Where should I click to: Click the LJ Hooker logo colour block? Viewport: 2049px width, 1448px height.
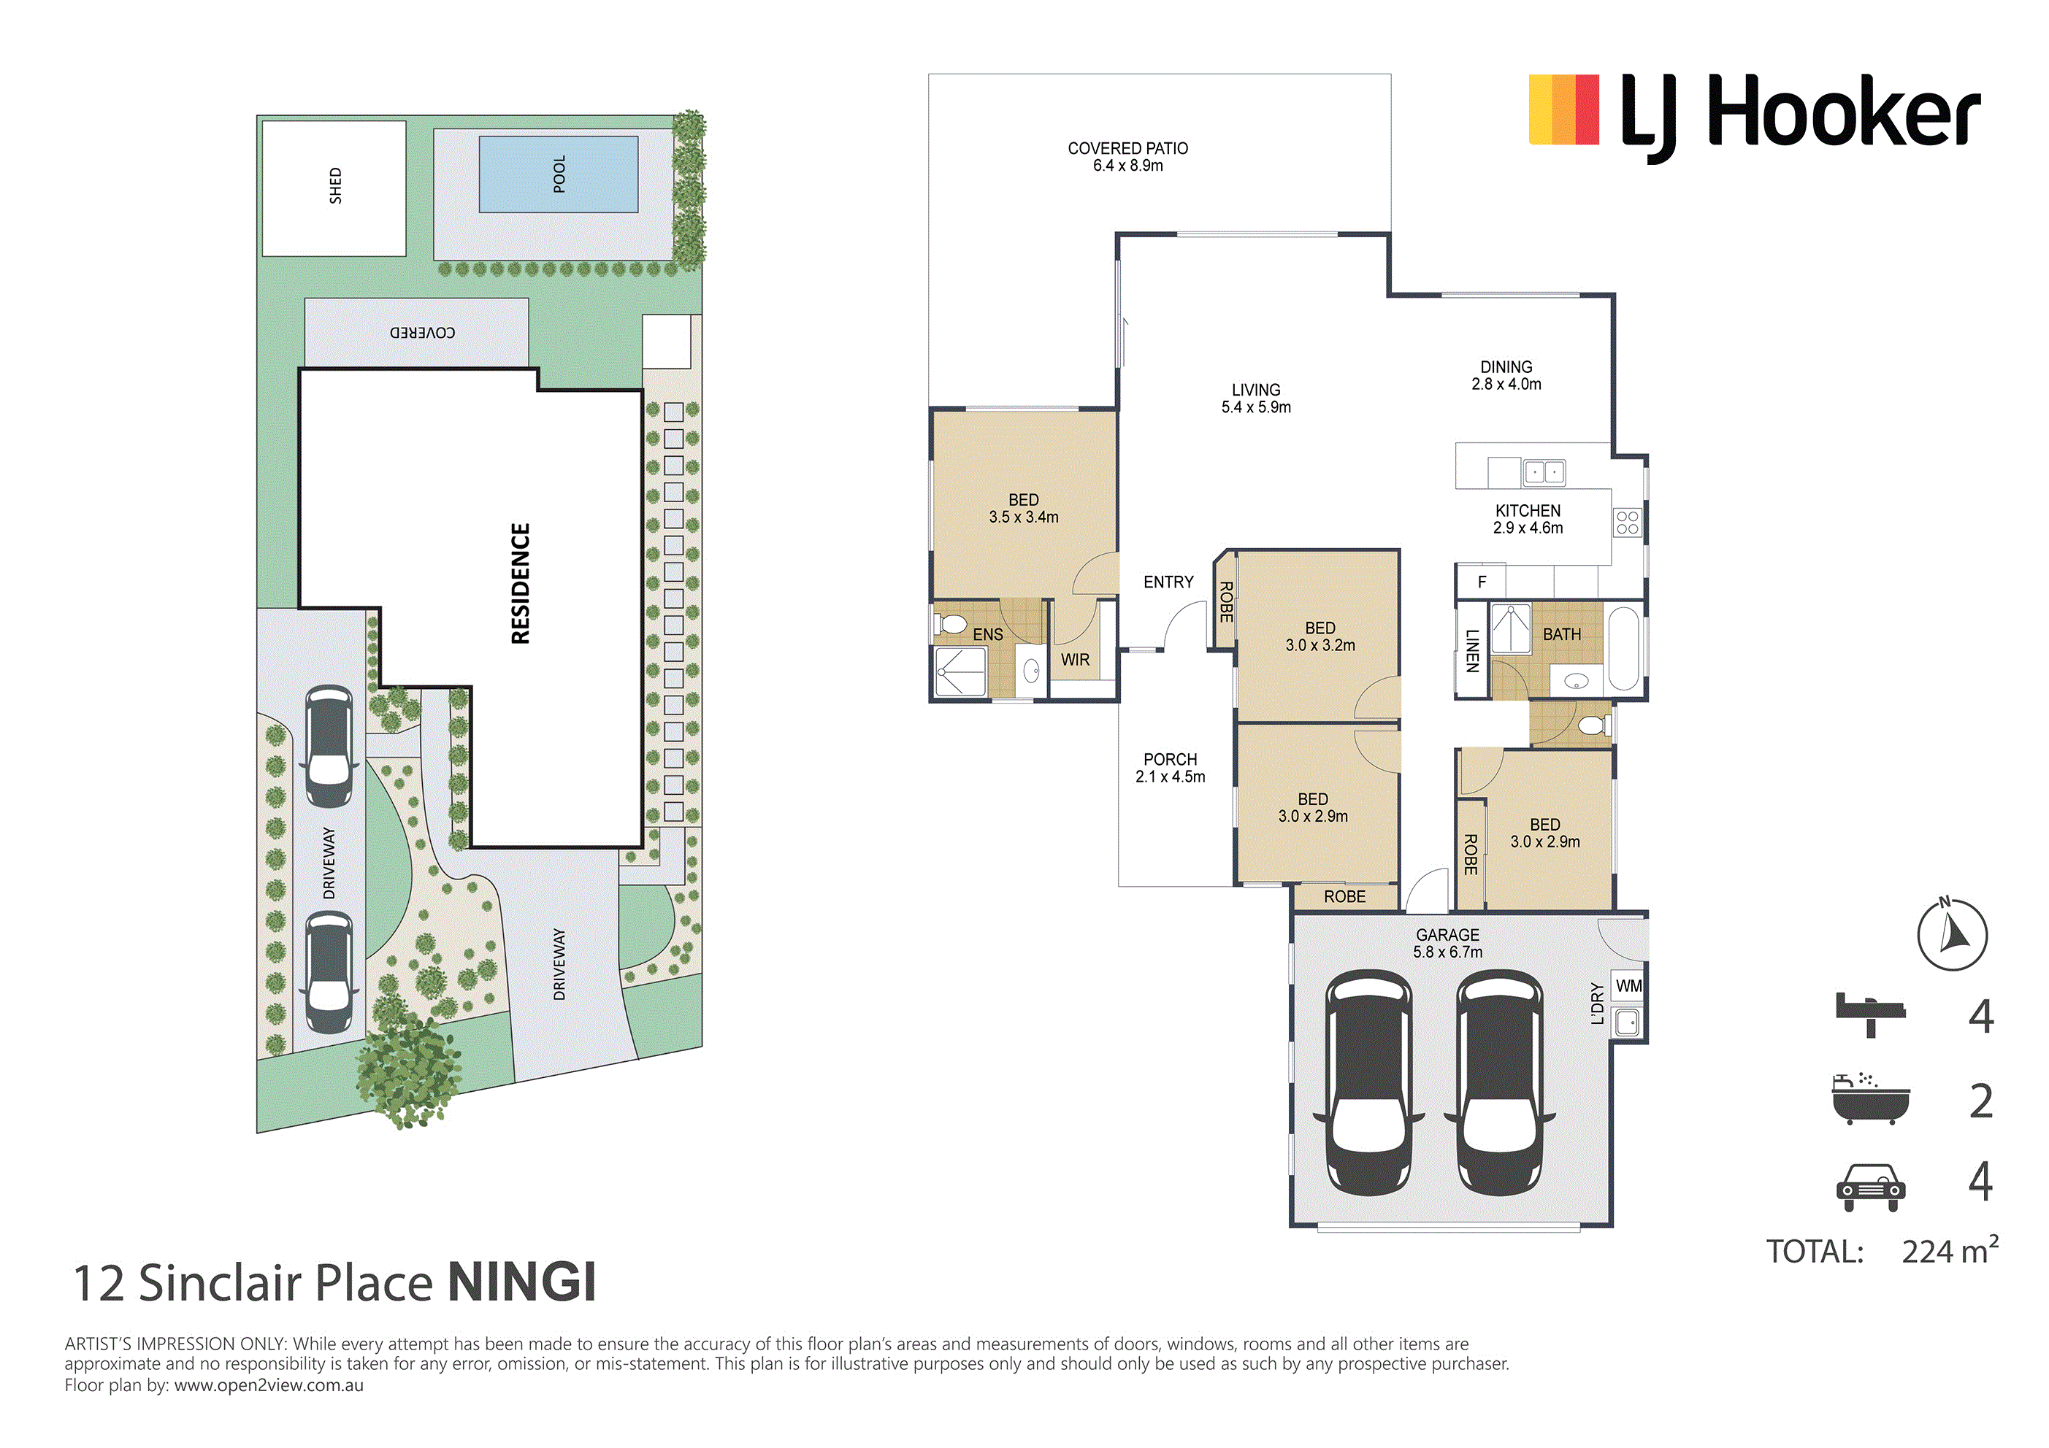click(1563, 109)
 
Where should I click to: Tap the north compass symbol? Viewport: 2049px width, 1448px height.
click(1952, 933)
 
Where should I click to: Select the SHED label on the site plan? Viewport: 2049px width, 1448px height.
click(336, 185)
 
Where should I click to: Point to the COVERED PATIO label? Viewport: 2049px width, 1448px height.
click(1128, 156)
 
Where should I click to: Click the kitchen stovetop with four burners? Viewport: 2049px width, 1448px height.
click(1627, 523)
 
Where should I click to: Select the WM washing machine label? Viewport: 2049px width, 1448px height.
click(1628, 985)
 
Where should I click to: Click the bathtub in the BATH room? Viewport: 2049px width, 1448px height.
click(1623, 649)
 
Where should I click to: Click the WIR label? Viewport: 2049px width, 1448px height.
click(1076, 659)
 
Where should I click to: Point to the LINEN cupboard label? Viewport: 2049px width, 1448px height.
click(1473, 650)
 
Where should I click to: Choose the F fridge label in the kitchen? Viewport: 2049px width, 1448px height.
click(1482, 582)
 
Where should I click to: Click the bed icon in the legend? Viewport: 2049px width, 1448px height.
click(1869, 1014)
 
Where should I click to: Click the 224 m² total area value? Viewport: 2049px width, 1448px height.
click(1950, 1250)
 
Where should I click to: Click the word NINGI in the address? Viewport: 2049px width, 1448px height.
click(521, 1282)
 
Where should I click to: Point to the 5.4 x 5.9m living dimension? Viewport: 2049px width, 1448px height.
click(1256, 407)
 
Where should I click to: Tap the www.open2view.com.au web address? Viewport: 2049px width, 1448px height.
click(269, 1385)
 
